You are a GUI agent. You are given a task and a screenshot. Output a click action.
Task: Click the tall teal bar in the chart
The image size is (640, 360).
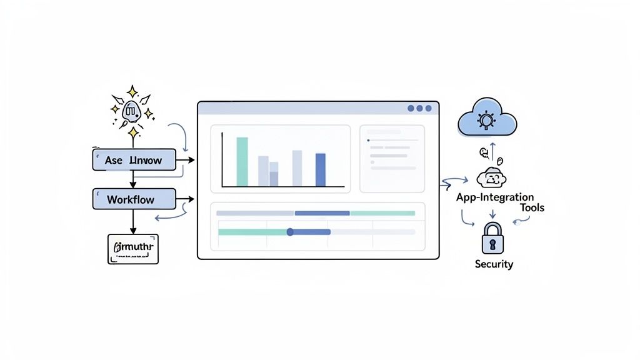pyautogui.click(x=242, y=161)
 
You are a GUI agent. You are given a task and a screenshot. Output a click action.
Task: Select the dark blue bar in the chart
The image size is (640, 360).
pyautogui.click(x=321, y=169)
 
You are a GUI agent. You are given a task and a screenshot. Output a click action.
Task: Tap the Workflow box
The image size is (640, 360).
pyautogui.click(x=134, y=199)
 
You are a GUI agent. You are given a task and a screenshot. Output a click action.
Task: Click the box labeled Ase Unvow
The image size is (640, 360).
pyautogui.click(x=134, y=160)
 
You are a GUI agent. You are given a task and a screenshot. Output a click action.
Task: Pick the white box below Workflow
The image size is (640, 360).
pyautogui.click(x=133, y=249)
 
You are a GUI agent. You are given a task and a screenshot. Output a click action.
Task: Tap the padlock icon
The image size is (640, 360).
pyautogui.click(x=492, y=237)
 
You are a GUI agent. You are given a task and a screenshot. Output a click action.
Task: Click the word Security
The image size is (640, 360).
pyautogui.click(x=494, y=264)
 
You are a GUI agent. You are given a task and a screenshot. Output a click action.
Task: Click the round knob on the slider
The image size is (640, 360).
pyautogui.click(x=290, y=232)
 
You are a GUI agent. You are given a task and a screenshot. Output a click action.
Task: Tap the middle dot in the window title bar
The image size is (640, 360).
pyautogui.click(x=419, y=108)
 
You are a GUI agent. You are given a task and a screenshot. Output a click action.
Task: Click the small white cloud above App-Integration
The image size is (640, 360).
pyautogui.click(x=491, y=178)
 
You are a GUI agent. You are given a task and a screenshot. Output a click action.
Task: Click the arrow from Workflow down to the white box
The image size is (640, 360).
pyautogui.click(x=132, y=221)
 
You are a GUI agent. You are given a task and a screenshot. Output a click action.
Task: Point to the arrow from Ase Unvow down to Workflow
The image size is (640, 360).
pyautogui.click(x=132, y=179)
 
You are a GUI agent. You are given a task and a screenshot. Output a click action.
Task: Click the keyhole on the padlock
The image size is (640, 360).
pyautogui.click(x=492, y=242)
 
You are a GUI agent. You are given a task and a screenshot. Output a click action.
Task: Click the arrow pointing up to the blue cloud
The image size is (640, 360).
pyautogui.click(x=492, y=151)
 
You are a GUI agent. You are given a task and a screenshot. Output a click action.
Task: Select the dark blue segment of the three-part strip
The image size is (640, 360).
pyautogui.click(x=322, y=213)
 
